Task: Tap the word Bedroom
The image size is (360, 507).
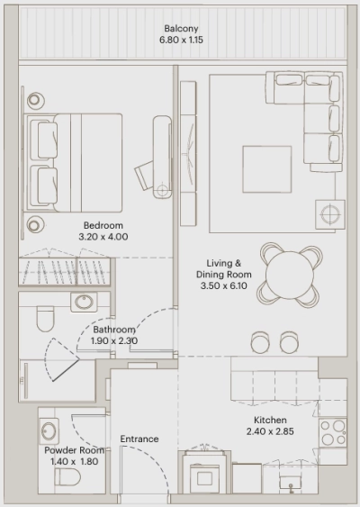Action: coord(103,225)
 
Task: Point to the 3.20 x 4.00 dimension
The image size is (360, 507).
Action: coord(103,237)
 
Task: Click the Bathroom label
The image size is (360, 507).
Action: coord(113,330)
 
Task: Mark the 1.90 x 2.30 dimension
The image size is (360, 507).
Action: coord(113,341)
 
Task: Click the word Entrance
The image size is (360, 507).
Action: coord(139,439)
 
